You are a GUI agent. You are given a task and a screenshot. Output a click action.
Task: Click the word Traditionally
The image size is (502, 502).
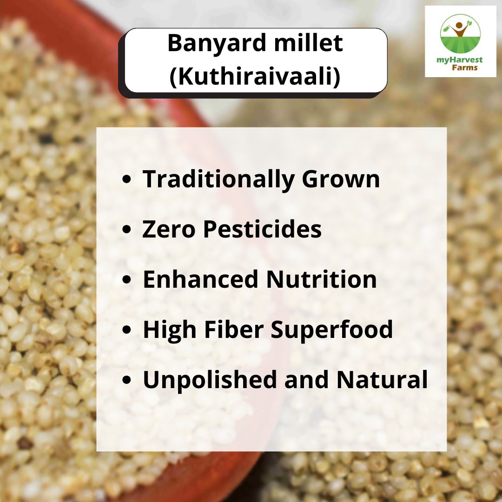tap(218, 180)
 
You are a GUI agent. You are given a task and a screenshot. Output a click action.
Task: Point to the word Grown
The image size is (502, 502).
tap(341, 179)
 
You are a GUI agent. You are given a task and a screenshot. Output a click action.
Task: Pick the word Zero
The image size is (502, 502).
tap(168, 230)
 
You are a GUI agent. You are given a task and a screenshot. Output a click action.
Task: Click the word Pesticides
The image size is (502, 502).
tap(262, 229)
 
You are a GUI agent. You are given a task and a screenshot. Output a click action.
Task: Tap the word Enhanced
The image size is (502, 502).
tap(200, 279)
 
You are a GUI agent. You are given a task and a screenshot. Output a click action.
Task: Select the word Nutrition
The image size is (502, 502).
tap(322, 279)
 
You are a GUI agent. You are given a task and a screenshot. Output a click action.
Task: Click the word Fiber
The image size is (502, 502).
tap(234, 329)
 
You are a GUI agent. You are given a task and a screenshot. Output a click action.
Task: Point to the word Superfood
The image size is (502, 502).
tap(332, 329)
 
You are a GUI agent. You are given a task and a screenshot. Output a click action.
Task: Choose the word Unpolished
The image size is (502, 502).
tap(209, 380)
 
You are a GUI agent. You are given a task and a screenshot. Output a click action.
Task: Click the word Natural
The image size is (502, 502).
tap(382, 379)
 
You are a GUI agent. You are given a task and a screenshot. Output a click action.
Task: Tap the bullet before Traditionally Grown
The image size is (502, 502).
tap(127, 179)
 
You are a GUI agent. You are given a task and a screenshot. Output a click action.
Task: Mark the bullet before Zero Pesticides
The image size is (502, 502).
tap(127, 229)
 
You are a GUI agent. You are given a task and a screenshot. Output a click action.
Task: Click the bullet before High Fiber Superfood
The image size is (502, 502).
tap(127, 330)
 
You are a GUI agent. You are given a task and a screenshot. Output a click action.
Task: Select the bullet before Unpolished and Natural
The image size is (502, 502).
tap(127, 380)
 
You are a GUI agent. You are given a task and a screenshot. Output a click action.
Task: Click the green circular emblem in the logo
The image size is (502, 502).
tap(460, 33)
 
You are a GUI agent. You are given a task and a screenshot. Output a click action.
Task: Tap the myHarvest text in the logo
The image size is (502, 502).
tap(459, 60)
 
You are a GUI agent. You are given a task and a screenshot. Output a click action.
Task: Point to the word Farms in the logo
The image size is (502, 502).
tap(464, 67)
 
